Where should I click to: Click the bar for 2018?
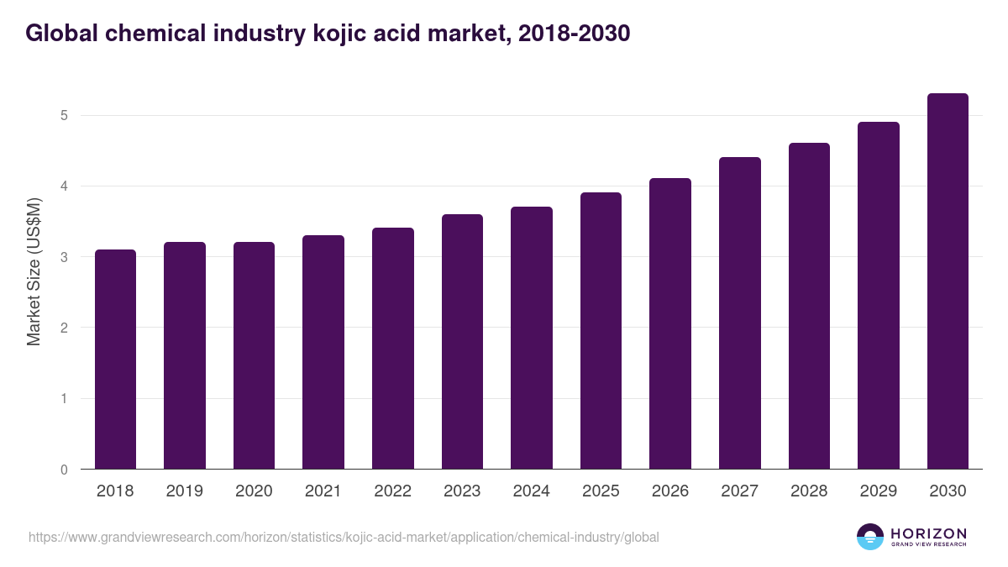click(x=115, y=360)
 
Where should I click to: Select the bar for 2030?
click(x=948, y=281)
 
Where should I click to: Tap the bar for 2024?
click(x=532, y=338)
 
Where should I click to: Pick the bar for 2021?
click(x=323, y=352)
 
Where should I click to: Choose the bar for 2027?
click(x=740, y=313)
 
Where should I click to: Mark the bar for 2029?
click(x=879, y=296)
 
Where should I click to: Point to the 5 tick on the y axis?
click(x=64, y=115)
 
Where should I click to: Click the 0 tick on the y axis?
click(x=64, y=470)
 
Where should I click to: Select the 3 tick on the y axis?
click(x=64, y=257)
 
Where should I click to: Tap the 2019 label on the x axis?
click(x=185, y=491)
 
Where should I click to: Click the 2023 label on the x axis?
click(x=462, y=491)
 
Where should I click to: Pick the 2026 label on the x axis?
click(x=670, y=491)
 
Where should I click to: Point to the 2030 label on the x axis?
click(x=948, y=491)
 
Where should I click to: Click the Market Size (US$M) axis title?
click(x=34, y=271)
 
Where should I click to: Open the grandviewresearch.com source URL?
click(x=344, y=537)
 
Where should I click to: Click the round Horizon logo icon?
click(x=870, y=537)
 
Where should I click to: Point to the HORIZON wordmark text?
click(x=928, y=533)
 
